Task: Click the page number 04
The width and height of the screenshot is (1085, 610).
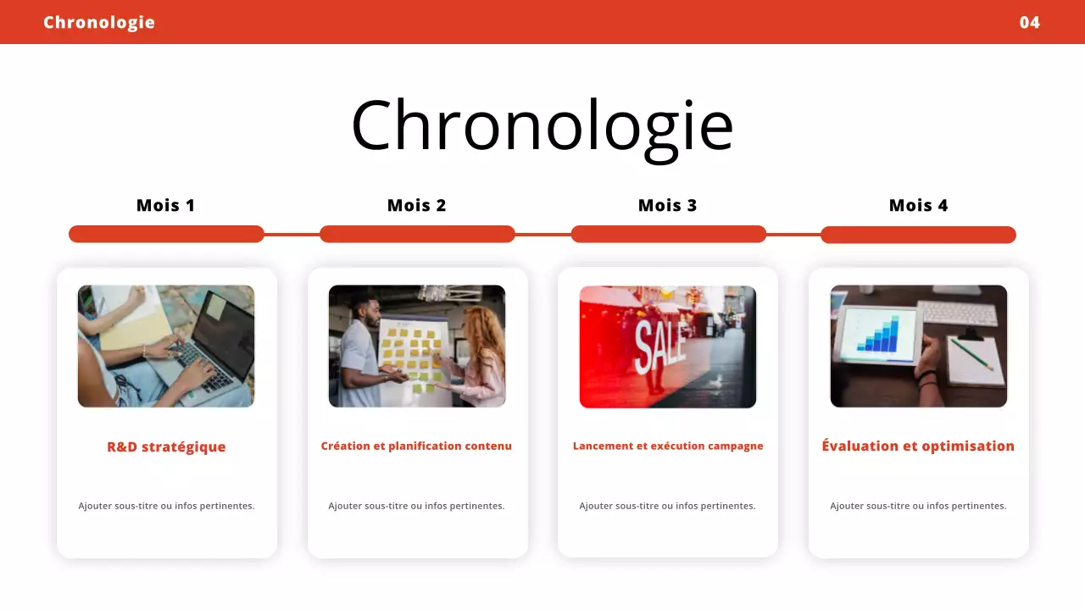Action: click(x=1029, y=22)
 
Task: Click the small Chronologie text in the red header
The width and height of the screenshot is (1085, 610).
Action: click(x=99, y=22)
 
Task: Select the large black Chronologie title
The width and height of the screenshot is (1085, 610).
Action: click(x=542, y=125)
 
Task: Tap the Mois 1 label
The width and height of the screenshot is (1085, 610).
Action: click(x=166, y=205)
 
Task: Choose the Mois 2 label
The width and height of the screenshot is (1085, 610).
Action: click(x=416, y=205)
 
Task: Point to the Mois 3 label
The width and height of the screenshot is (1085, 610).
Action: click(x=667, y=205)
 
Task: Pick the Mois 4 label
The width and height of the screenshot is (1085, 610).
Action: click(x=918, y=205)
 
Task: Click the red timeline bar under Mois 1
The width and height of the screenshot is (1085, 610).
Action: click(x=166, y=234)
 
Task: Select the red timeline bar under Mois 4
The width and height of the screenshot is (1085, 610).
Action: click(x=918, y=235)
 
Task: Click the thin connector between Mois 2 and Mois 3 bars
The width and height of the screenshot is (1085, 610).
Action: click(x=542, y=234)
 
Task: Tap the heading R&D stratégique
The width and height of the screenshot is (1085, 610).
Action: click(x=166, y=446)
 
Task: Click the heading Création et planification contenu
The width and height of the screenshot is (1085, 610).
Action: click(x=416, y=446)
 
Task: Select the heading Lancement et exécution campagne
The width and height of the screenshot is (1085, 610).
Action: click(x=668, y=446)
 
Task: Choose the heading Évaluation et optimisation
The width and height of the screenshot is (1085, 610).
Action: click(x=918, y=446)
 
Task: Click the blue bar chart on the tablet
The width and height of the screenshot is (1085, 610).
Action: click(x=876, y=335)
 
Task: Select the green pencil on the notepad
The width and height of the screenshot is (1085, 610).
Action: click(x=971, y=354)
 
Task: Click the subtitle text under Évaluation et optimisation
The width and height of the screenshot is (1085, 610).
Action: click(x=918, y=506)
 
